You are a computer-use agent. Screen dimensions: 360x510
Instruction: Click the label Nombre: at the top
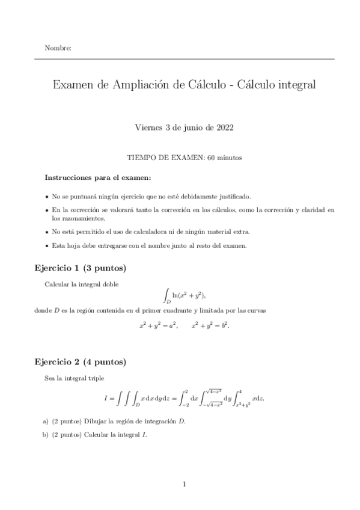point(58,48)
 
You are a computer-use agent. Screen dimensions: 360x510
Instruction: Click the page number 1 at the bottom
point(185,484)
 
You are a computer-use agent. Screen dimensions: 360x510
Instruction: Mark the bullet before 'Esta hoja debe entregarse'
point(47,245)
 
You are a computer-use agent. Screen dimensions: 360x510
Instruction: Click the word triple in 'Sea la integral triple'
point(94,378)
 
